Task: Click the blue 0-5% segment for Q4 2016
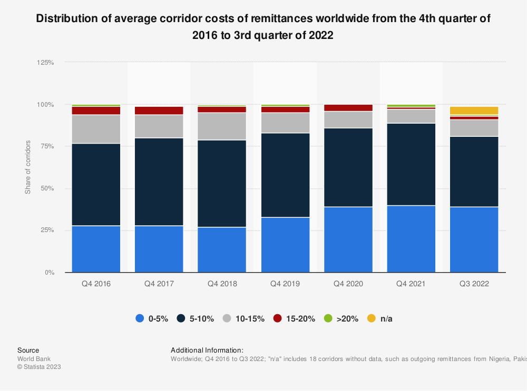click(96, 249)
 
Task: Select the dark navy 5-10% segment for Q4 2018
click(222, 183)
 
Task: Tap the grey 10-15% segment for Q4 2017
click(159, 126)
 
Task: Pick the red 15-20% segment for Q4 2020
click(348, 108)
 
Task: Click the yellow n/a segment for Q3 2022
click(474, 111)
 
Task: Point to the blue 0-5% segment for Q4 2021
click(411, 239)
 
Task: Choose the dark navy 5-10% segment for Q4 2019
click(285, 175)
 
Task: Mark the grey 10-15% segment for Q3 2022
click(474, 128)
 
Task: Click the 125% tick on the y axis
click(46, 62)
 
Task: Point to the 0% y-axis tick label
click(50, 273)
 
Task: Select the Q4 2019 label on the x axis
click(285, 284)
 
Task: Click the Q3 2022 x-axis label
click(474, 284)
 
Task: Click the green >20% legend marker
click(327, 318)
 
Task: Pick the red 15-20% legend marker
click(278, 318)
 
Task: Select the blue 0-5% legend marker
click(140, 318)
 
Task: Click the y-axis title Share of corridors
click(28, 167)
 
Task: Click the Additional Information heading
click(207, 350)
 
